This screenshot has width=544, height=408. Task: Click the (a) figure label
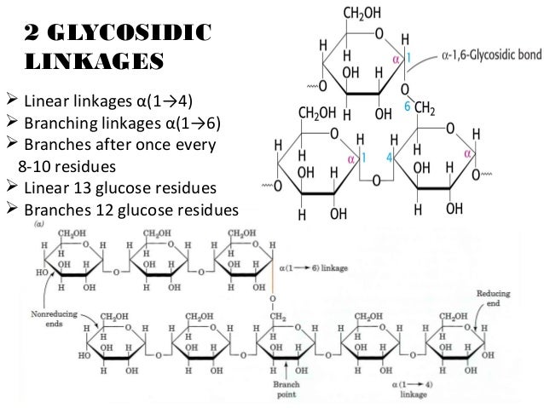click(39, 225)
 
